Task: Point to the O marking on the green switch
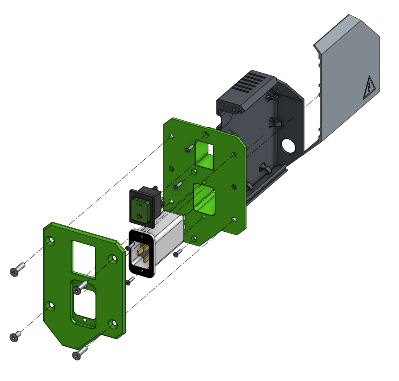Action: pyautogui.click(x=139, y=217)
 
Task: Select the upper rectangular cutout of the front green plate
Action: pyautogui.click(x=83, y=258)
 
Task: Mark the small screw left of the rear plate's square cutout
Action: pyautogui.click(x=189, y=149)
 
